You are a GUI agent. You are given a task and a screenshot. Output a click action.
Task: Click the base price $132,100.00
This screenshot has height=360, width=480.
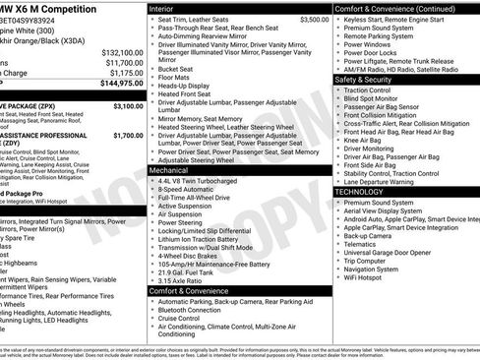[122, 52]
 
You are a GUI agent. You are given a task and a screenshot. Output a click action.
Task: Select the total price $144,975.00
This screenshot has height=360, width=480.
[122, 84]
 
